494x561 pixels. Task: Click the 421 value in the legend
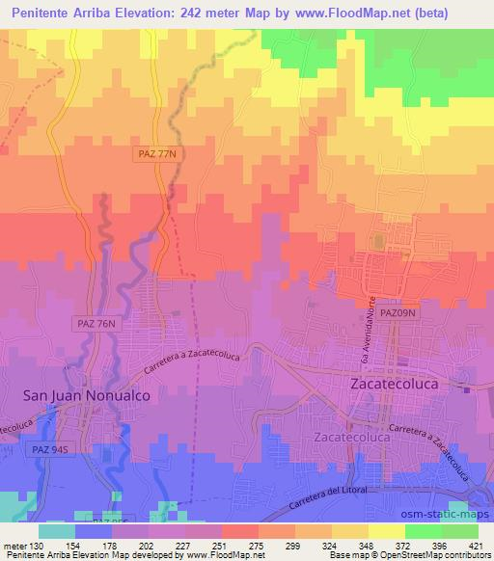(476, 545)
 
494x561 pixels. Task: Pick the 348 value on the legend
(366, 545)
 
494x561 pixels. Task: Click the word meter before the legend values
(14, 545)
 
